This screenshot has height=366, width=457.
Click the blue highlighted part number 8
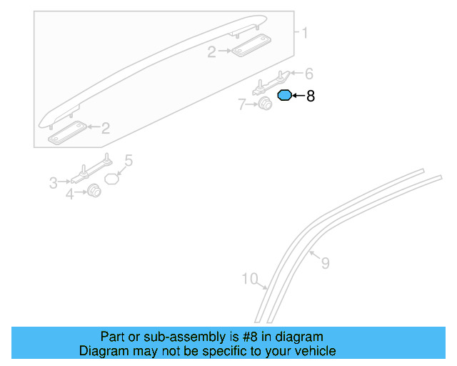tap(284, 96)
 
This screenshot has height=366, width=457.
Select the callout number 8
tap(311, 96)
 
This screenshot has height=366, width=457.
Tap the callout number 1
tap(304, 33)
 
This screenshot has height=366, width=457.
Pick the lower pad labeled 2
tap(67, 129)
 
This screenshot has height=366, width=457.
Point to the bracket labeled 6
tap(275, 81)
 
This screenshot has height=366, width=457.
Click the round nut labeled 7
tap(266, 105)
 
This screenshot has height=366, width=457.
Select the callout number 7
tap(242, 105)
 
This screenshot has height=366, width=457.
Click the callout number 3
tap(54, 184)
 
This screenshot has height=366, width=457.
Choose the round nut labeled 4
tap(93, 192)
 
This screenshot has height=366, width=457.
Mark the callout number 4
tap(69, 194)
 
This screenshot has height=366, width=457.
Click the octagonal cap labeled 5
tap(111, 178)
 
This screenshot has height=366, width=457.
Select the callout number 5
tap(129, 160)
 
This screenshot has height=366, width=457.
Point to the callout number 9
tap(325, 264)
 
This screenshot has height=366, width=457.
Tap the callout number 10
tap(249, 279)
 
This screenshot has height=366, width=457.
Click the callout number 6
tap(309, 74)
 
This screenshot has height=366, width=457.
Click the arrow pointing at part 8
tap(298, 96)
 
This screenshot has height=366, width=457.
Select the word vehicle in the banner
tap(314, 351)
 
